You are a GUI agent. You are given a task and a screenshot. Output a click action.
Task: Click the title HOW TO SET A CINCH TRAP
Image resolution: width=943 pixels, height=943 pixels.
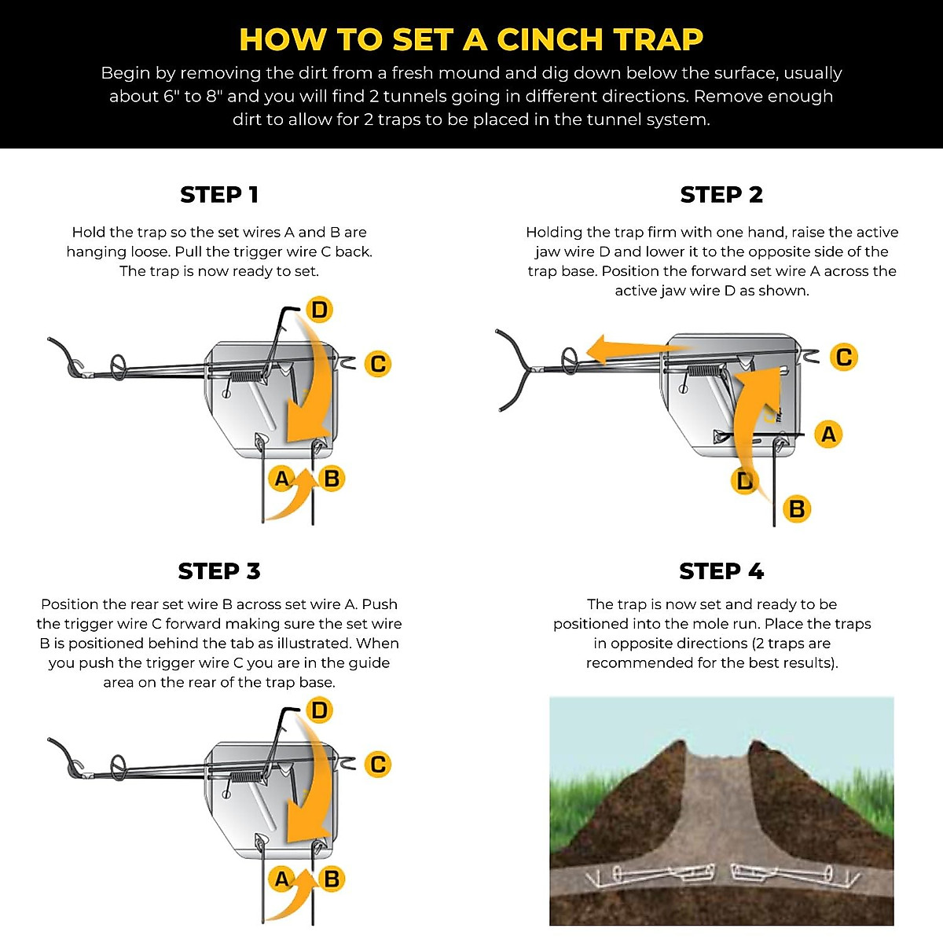tap(471, 39)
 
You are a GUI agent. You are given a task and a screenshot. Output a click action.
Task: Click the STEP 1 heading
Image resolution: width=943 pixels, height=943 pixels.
tap(219, 195)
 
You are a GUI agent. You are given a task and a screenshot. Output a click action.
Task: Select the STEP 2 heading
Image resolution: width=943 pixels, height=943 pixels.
tap(721, 195)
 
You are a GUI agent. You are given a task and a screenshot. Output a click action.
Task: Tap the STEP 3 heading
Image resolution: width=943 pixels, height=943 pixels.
tap(219, 571)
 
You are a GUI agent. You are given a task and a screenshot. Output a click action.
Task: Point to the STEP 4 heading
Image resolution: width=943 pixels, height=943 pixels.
tap(721, 571)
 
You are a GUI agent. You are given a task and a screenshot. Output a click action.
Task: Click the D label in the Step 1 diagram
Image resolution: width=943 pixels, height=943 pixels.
tap(319, 310)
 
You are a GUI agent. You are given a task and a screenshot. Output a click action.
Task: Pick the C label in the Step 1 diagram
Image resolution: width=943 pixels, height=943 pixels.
tap(378, 364)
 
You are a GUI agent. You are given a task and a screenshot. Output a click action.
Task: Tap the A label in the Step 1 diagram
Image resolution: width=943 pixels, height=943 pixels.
tap(281, 478)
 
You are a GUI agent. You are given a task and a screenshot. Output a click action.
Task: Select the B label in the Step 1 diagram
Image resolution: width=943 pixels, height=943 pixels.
tap(332, 478)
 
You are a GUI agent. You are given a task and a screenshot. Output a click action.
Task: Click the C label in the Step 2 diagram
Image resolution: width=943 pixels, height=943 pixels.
tap(844, 357)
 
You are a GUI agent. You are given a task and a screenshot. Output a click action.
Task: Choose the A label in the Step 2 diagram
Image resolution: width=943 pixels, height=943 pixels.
tap(828, 434)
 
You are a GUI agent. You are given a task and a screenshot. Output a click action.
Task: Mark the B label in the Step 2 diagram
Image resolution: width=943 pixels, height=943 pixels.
tap(797, 509)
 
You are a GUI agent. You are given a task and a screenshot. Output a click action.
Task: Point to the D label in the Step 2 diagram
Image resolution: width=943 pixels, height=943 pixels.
tap(744, 480)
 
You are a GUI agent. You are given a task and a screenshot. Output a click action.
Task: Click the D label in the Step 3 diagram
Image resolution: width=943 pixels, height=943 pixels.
tap(319, 710)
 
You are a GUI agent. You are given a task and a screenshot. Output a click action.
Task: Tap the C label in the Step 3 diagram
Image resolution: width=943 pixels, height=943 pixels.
tap(378, 765)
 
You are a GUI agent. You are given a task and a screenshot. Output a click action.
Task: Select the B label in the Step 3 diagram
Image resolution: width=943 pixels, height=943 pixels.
tap(332, 879)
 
